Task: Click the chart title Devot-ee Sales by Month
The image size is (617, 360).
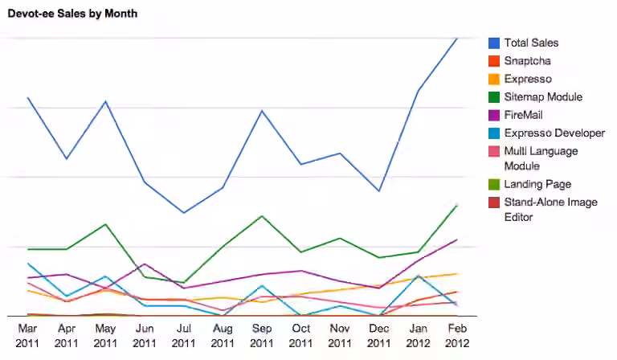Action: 73,14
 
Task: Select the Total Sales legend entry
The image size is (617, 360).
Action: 523,43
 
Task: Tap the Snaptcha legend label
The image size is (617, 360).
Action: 527,61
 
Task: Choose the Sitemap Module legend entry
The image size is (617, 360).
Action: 535,97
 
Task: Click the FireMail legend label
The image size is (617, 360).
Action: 523,115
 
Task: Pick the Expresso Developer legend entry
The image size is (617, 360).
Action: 546,133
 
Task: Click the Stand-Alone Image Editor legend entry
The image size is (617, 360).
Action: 543,210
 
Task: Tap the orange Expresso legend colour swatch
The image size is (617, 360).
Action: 494,79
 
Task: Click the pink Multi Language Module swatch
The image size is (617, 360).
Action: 494,152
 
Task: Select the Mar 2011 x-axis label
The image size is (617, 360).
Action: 27,336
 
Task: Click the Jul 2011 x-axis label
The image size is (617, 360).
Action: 183,336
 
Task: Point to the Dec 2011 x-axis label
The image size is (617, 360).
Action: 379,336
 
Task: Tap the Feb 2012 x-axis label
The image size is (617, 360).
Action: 457,336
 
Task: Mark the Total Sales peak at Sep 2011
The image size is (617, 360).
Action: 262,111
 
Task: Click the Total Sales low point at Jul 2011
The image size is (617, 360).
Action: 184,213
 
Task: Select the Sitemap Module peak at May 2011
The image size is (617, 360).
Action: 105,224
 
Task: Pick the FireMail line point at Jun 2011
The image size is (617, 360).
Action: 145,264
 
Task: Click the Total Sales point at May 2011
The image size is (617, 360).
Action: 105,101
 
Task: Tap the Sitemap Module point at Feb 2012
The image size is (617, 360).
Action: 457,206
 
